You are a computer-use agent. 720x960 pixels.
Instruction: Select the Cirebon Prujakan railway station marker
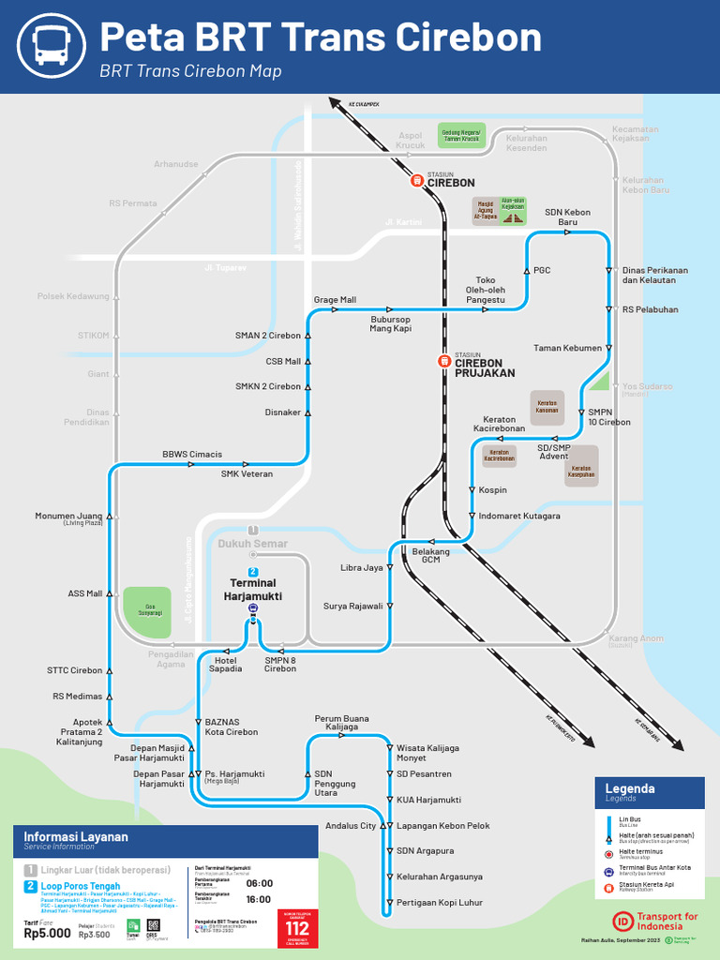pyautogui.click(x=443, y=361)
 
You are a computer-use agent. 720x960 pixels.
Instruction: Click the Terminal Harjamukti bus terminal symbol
pyautogui.click(x=252, y=608)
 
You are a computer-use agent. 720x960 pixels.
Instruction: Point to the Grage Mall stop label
pyautogui.click(x=335, y=300)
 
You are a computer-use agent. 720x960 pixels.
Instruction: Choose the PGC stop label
pyautogui.click(x=542, y=270)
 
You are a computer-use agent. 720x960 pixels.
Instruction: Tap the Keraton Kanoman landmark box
pyautogui.click(x=547, y=407)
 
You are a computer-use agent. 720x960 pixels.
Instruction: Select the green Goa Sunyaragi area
pyautogui.click(x=147, y=609)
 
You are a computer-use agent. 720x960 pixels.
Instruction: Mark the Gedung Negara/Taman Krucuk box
pyautogui.click(x=461, y=137)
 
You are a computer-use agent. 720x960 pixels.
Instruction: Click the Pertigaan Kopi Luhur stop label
pyautogui.click(x=440, y=902)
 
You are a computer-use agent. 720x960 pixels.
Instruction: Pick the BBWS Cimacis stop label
pyautogui.click(x=192, y=455)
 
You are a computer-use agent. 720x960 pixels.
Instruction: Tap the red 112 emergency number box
pyautogui.click(x=297, y=928)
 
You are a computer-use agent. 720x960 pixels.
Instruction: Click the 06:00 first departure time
pyautogui.click(x=260, y=883)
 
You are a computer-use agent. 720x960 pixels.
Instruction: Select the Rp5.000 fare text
pyautogui.click(x=47, y=933)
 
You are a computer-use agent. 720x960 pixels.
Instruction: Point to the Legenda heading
pyautogui.click(x=630, y=788)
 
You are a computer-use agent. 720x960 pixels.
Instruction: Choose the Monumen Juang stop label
pyautogui.click(x=68, y=517)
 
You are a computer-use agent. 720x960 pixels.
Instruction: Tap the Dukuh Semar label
pyautogui.click(x=252, y=544)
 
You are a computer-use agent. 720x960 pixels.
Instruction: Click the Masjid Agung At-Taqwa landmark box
pyautogui.click(x=486, y=210)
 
